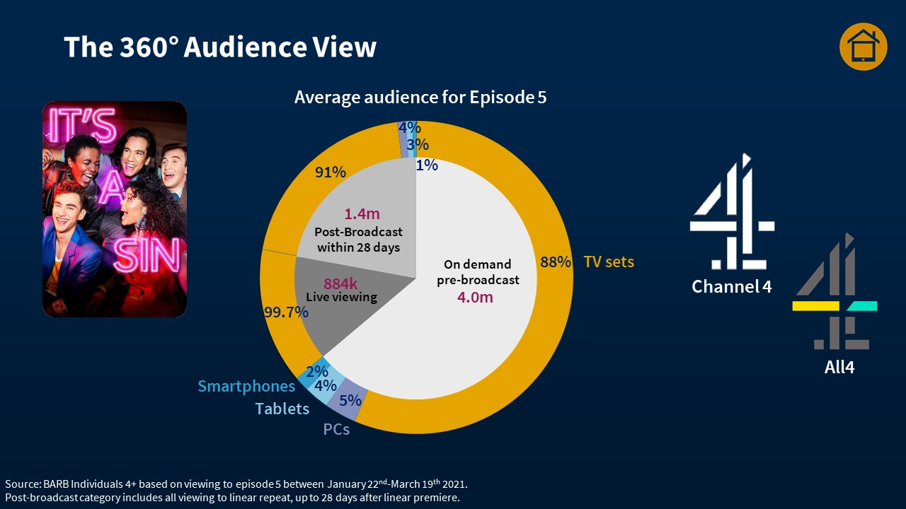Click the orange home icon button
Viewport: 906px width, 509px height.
tap(863, 47)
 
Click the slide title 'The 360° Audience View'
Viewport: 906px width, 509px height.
tap(220, 47)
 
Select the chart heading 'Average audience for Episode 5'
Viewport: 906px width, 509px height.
tap(420, 97)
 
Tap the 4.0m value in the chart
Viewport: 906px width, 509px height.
tap(474, 297)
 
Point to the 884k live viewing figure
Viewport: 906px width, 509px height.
tap(341, 283)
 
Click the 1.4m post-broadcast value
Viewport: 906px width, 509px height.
tap(362, 213)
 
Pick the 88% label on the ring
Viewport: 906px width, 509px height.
tap(556, 262)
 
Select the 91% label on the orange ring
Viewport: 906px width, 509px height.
tap(330, 172)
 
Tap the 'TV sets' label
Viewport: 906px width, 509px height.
tap(609, 262)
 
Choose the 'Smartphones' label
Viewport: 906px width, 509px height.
tap(246, 386)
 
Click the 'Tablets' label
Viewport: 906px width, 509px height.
tap(282, 409)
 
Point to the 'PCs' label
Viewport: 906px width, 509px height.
tap(336, 429)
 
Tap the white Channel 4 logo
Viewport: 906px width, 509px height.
tap(732, 212)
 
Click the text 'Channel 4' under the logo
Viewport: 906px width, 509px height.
tap(732, 286)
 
